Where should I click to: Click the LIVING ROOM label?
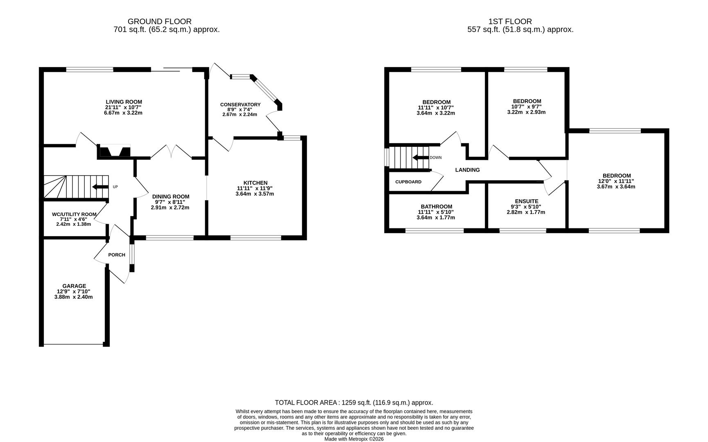(124, 102)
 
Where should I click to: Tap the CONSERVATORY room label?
(240, 105)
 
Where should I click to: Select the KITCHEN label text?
(255, 183)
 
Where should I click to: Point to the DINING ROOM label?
(170, 196)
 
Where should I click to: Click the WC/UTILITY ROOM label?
(74, 214)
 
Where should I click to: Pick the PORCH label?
(117, 255)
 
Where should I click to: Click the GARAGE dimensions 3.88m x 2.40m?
(73, 297)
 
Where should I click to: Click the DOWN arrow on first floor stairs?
(420, 158)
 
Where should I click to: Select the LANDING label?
(467, 170)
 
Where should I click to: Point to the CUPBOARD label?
(408, 182)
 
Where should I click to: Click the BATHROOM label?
(436, 207)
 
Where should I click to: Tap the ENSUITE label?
(526, 201)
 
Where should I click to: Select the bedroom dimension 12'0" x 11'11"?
(616, 181)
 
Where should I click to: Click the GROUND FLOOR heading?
(159, 21)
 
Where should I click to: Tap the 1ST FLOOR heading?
(510, 21)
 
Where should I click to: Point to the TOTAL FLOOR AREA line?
(354, 403)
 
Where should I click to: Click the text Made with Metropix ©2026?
(354, 439)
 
